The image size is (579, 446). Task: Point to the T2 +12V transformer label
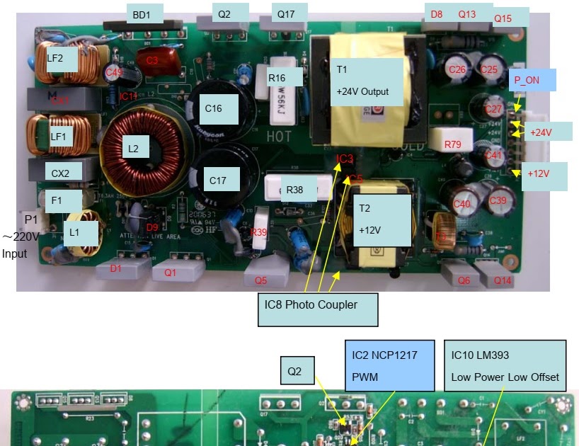coord(382,220)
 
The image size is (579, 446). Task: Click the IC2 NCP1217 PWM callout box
coord(389,364)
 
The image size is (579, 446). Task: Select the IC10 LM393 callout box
coord(505,365)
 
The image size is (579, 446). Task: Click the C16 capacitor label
coord(213,108)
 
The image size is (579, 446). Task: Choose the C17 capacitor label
coord(218,181)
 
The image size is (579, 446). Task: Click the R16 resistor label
coord(277,78)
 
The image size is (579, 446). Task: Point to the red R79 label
coord(453,144)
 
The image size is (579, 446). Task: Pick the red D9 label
coord(151,227)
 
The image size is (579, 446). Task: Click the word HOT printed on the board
coord(280,135)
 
